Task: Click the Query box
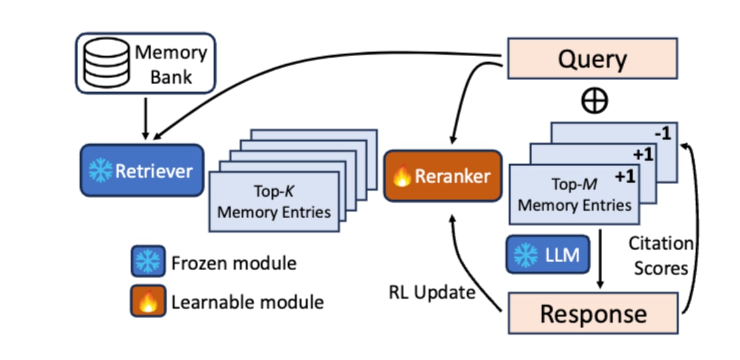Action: pos(592,59)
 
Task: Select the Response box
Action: pos(593,313)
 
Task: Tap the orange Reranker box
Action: pos(443,176)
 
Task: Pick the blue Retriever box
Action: pos(142,170)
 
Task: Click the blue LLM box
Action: pos(548,255)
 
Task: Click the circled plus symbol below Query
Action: pos(594,101)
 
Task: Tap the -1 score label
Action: pos(662,133)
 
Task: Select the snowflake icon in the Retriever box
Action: pos(101,170)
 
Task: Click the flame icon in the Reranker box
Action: pos(402,177)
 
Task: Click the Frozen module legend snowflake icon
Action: pos(148,261)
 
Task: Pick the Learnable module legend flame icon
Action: pos(148,301)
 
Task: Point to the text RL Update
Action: pos(432,293)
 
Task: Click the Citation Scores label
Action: pos(661,256)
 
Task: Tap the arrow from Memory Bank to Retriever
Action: pos(145,119)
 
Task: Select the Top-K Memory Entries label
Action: pos(274,201)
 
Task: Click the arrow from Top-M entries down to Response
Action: pos(600,259)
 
